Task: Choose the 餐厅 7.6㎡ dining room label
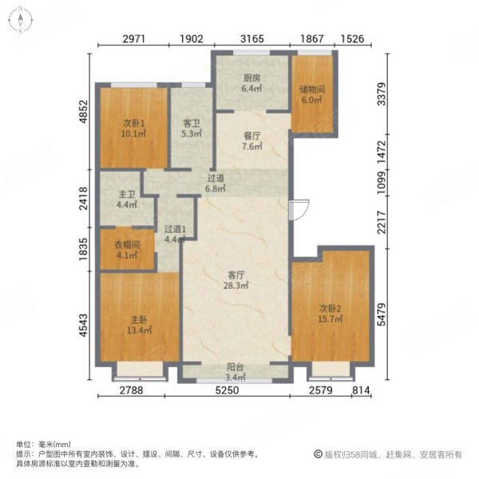251,141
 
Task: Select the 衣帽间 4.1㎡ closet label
126,251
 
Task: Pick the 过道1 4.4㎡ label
174,232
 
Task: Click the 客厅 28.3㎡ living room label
234,280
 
